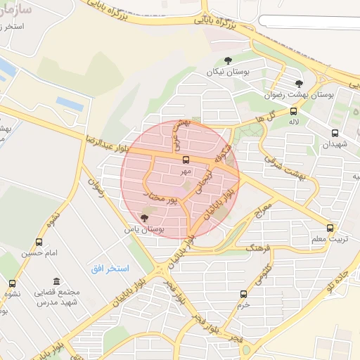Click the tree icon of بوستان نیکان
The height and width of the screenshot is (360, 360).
click(x=228, y=61)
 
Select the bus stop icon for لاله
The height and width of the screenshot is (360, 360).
click(x=293, y=111)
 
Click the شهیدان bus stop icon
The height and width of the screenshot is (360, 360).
click(x=335, y=133)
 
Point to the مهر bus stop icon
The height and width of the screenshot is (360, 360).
click(x=186, y=160)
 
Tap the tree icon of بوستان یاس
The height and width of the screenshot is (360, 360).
click(x=145, y=218)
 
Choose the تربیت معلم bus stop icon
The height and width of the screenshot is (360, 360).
click(x=330, y=229)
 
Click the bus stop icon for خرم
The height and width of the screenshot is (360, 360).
click(x=243, y=294)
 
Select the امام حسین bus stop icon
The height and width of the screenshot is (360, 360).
click(x=39, y=242)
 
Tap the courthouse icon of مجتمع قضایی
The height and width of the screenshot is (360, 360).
click(x=57, y=281)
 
